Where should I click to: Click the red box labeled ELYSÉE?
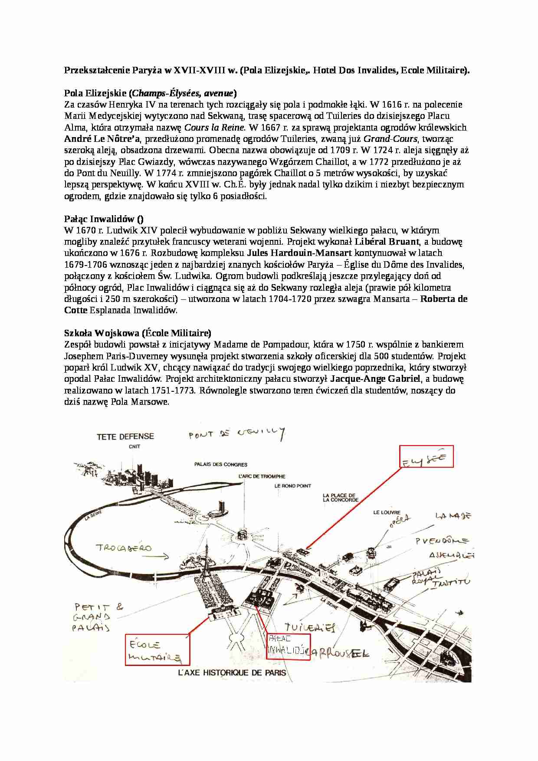tap(426, 456)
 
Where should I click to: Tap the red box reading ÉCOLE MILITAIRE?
tap(157, 649)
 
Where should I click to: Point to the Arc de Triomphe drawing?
tap(243, 535)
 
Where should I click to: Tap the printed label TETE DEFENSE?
tap(125, 436)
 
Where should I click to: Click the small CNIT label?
tap(134, 446)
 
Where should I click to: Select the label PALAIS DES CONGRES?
tap(221, 464)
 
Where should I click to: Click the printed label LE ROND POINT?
tap(293, 486)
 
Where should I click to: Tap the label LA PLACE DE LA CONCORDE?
tap(340, 498)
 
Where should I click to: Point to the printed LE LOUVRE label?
tap(387, 512)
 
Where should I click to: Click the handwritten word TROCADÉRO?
tap(124, 548)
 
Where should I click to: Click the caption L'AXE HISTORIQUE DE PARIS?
tap(232, 673)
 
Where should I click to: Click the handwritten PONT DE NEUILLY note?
tap(237, 433)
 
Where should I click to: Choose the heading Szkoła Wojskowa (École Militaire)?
tap(138, 333)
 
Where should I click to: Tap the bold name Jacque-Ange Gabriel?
tap(375, 379)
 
